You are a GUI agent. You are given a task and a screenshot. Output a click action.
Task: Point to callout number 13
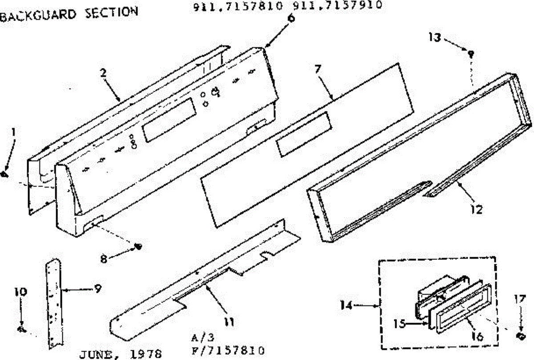pyautogui.click(x=434, y=37)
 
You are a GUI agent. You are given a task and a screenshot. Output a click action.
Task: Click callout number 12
pyautogui.click(x=476, y=209)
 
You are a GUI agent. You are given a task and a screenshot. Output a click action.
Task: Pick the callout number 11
pyautogui.click(x=230, y=322)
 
